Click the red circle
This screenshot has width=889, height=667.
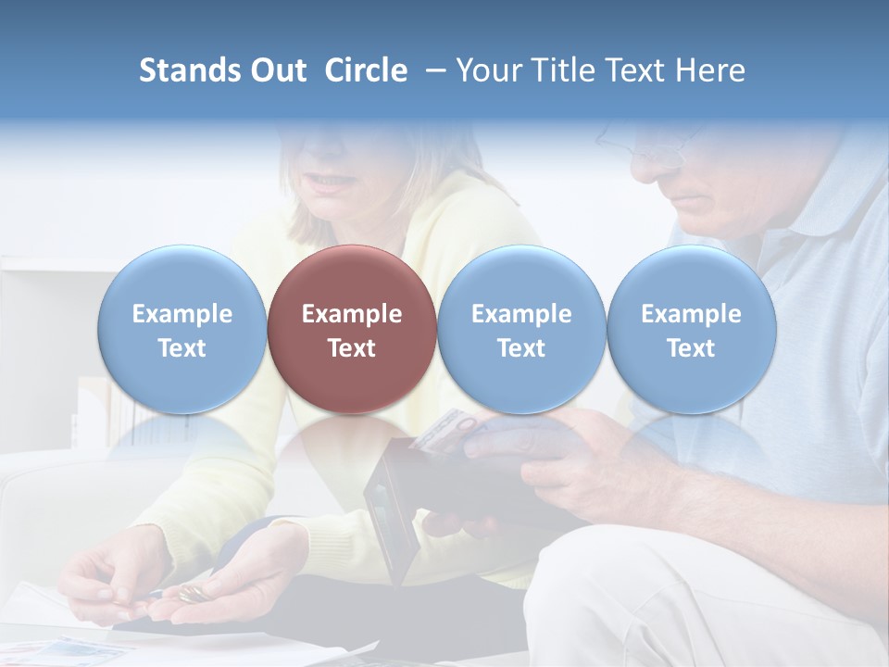[352, 329]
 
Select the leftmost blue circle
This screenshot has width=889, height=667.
[182, 329]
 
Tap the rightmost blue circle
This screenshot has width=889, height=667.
[691, 329]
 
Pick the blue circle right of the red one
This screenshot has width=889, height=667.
[521, 329]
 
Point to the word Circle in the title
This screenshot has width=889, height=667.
[366, 70]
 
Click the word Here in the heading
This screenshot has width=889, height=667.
[711, 70]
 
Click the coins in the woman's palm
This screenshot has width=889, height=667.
[193, 593]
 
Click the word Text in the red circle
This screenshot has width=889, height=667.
[352, 348]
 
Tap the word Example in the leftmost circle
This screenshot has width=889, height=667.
[182, 314]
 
